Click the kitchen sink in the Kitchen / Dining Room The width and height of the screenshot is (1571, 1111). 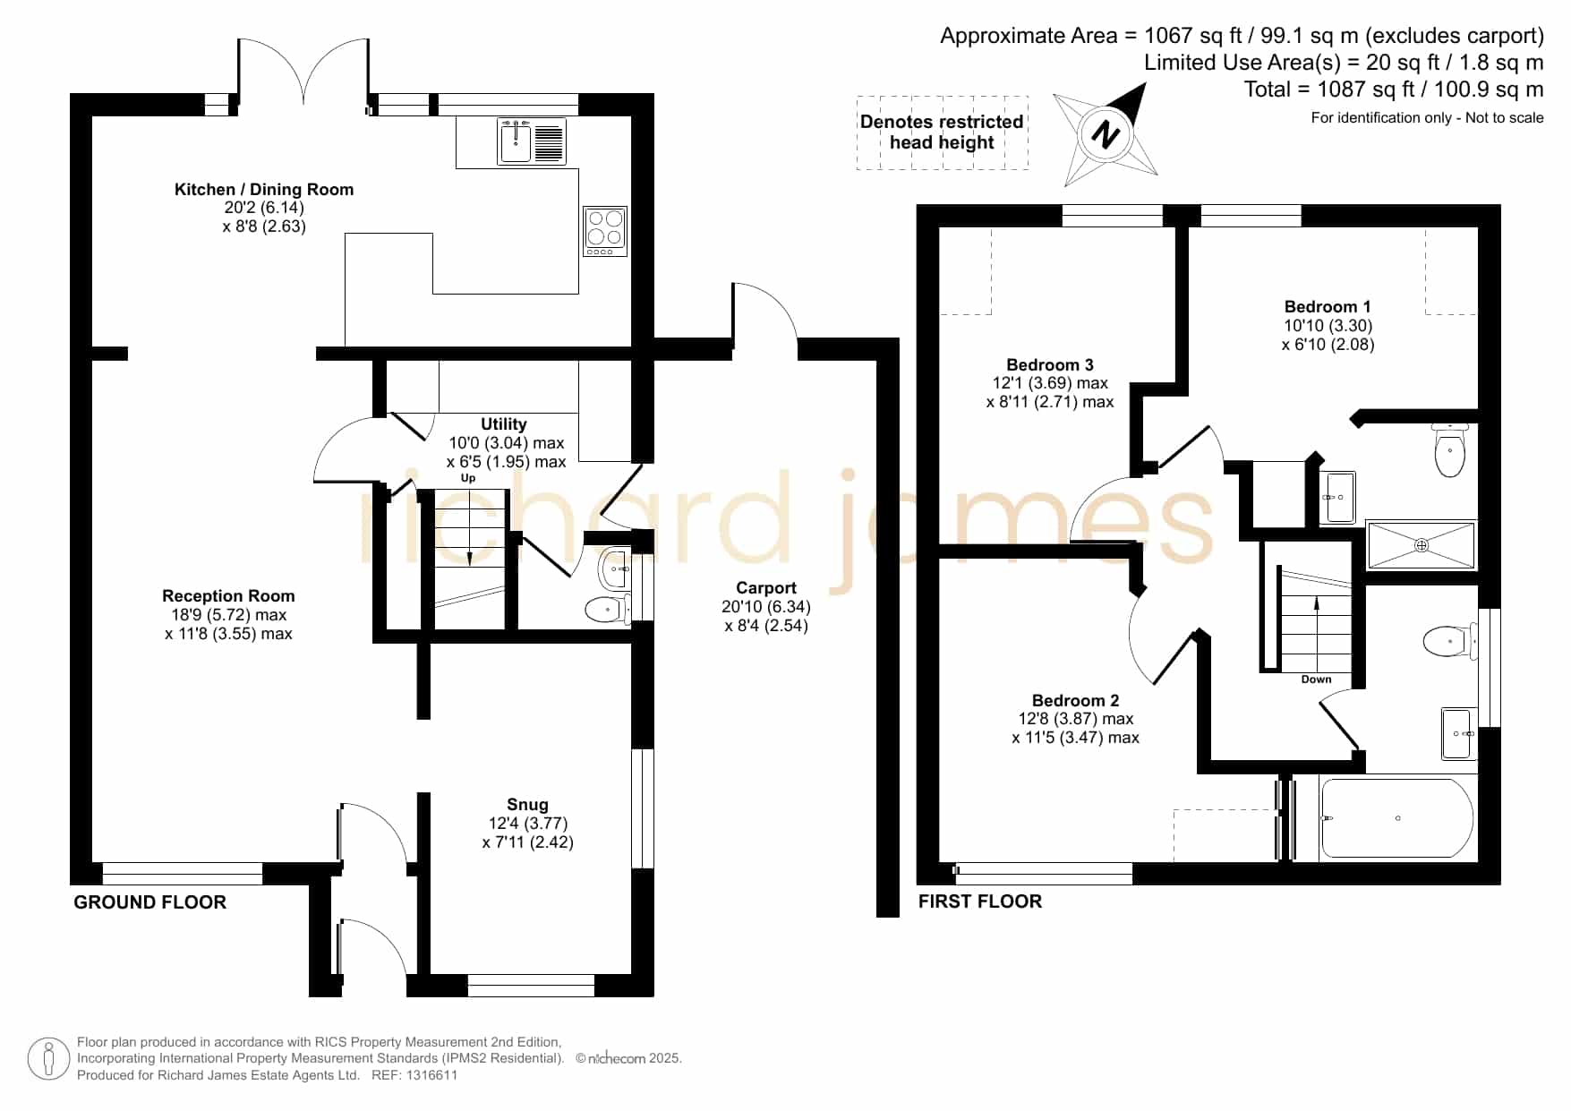[x=532, y=141]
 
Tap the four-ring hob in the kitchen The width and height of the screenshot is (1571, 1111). [x=604, y=231]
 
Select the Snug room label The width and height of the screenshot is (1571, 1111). [x=527, y=805]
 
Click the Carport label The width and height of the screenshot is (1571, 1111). [x=766, y=587]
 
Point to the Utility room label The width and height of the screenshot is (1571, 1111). [x=504, y=423]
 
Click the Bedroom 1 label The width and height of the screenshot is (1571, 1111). [x=1328, y=306]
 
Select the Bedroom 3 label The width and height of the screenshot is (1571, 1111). [x=1050, y=364]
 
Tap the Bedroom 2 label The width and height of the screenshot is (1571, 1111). [x=1075, y=700]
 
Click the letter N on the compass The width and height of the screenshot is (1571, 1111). [x=1106, y=135]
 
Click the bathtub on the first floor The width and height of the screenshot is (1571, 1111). [x=1397, y=818]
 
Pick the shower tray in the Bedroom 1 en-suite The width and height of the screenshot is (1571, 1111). [x=1421, y=545]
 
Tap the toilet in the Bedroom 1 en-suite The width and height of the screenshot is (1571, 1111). [x=1449, y=450]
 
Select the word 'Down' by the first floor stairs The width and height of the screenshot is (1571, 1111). [x=1316, y=679]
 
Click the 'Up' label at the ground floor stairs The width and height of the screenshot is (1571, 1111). [x=468, y=478]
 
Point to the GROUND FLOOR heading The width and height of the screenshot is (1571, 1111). [x=149, y=902]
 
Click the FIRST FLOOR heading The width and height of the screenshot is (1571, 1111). [x=980, y=902]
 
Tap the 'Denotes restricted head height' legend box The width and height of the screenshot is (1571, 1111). [x=942, y=132]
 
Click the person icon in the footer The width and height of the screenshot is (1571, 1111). [x=48, y=1059]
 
